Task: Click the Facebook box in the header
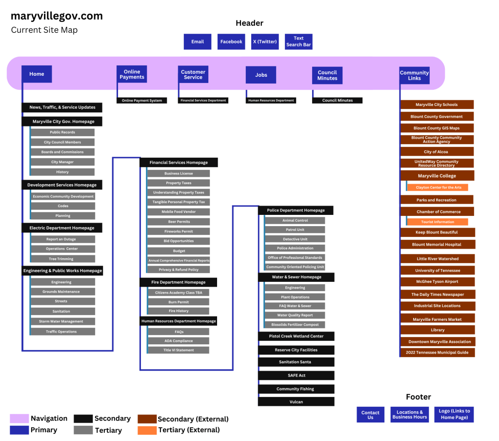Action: point(231,42)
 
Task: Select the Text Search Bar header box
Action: point(299,42)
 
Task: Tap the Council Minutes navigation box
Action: point(327,75)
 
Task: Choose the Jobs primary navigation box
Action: point(261,75)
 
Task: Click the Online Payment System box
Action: point(142,101)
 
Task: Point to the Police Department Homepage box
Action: point(296,210)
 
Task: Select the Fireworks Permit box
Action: point(179,231)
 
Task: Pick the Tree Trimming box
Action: point(62,259)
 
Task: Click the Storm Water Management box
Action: point(62,321)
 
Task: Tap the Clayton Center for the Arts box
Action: point(438,188)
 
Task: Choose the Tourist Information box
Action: point(438,222)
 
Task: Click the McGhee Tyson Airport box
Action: point(438,282)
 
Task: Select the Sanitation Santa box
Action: point(296,362)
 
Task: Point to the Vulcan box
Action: point(296,402)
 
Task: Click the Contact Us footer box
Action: point(370,415)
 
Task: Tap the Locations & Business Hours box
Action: point(410,415)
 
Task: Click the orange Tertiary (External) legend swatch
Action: point(147,430)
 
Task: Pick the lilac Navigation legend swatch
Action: point(20,419)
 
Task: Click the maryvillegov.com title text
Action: point(57,16)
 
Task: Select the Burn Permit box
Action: point(179,302)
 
